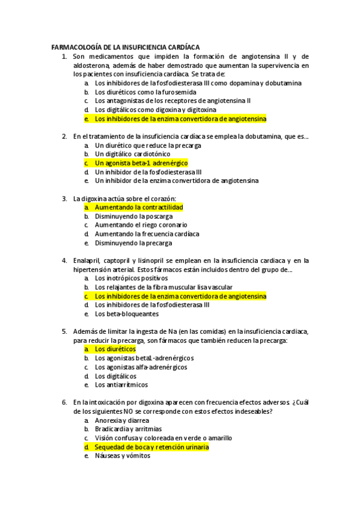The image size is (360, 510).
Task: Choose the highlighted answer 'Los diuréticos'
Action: (115, 349)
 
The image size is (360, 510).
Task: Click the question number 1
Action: (64, 56)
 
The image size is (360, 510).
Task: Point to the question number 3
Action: (64, 198)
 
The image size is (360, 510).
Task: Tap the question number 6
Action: (64, 402)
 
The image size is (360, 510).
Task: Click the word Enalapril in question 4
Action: (87, 260)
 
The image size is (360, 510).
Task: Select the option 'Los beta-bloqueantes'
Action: (127, 314)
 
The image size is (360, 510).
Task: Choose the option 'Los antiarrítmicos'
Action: (121, 385)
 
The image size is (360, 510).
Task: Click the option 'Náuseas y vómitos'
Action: (123, 456)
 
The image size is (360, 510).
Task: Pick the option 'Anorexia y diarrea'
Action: (122, 420)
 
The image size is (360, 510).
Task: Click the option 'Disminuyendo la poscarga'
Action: (133, 216)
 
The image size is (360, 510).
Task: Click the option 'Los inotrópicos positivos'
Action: (131, 278)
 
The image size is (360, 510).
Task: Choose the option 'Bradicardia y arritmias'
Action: (128, 429)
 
